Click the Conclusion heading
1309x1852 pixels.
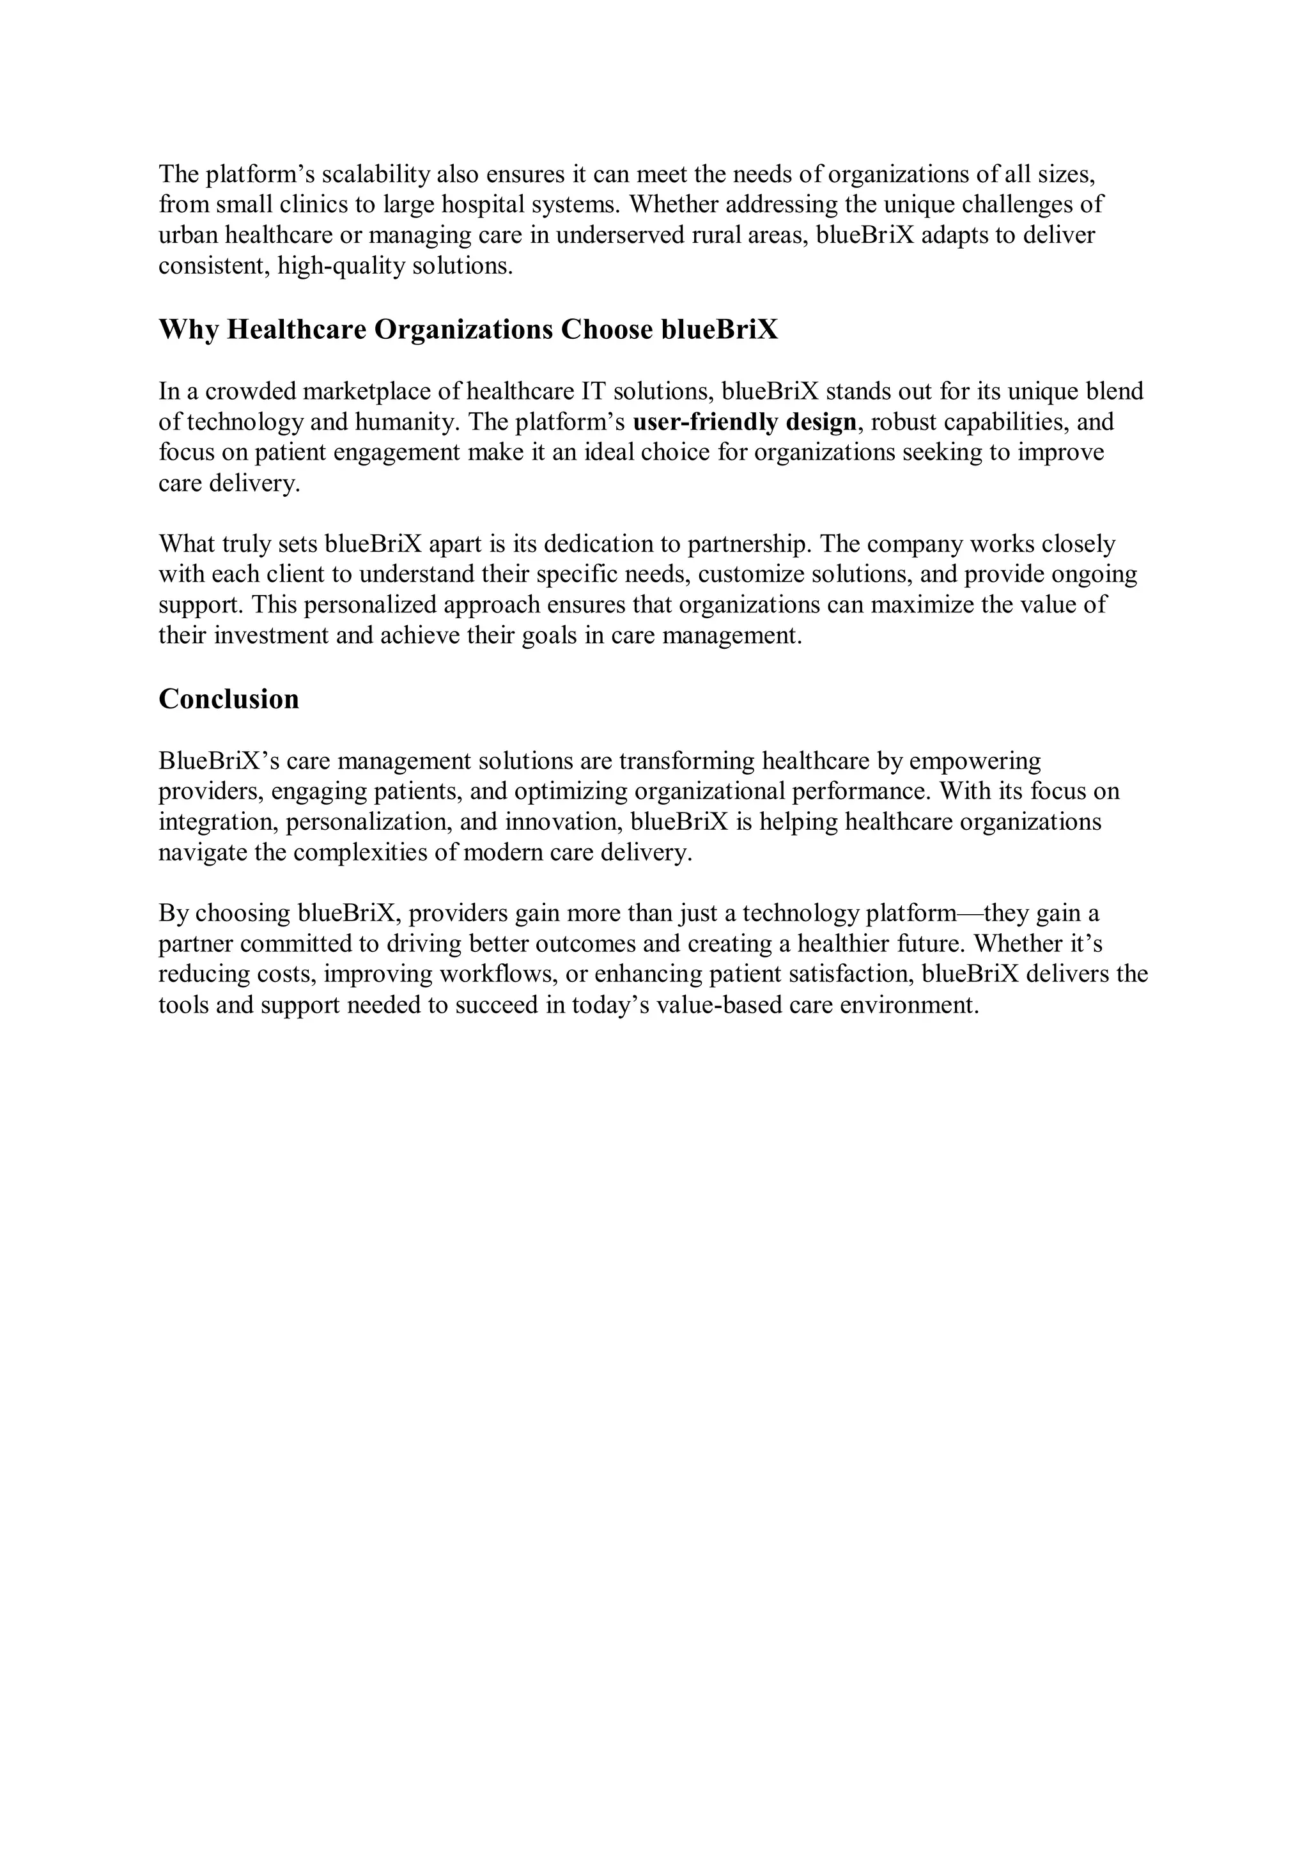click(228, 699)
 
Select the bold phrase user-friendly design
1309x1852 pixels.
click(745, 422)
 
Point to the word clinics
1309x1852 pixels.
click(316, 205)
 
